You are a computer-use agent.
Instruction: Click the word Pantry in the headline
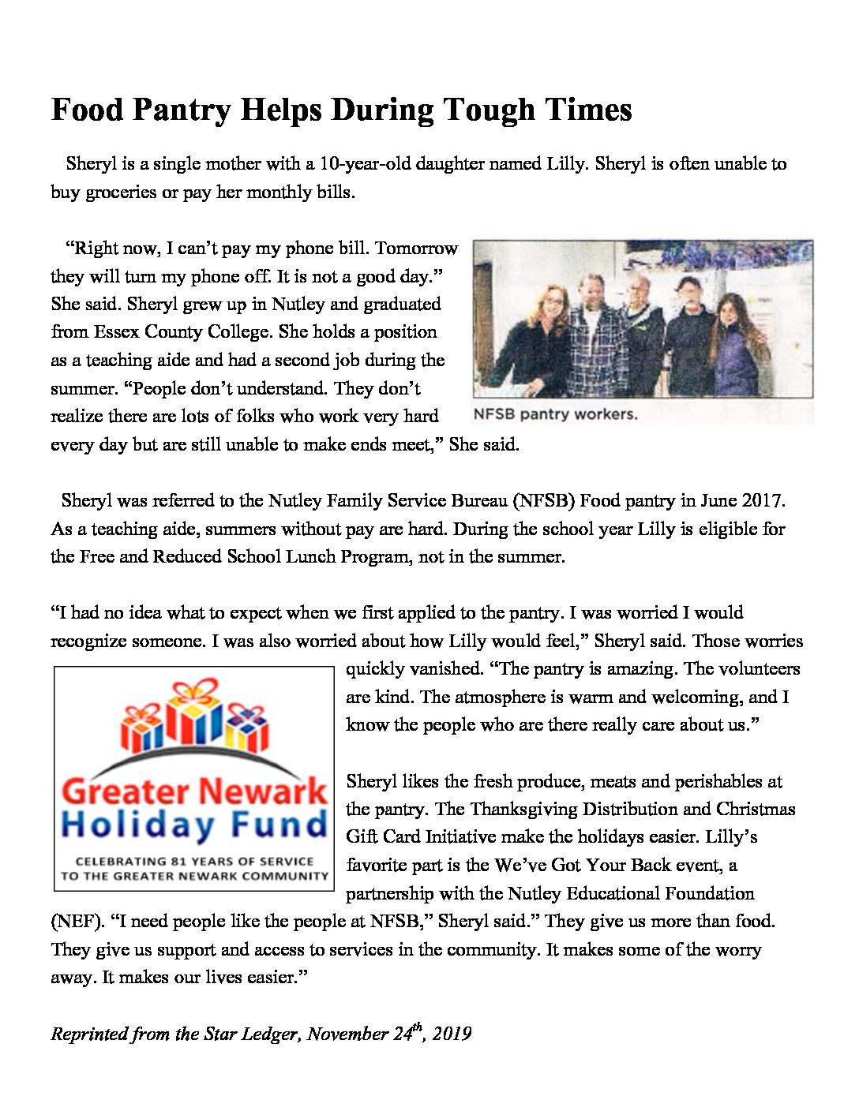(181, 110)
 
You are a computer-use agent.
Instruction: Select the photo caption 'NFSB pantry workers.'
(555, 414)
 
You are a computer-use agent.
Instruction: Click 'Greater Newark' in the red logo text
(194, 791)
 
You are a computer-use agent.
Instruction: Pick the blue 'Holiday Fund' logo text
(194, 825)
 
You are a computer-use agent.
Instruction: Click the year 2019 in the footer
(452, 1034)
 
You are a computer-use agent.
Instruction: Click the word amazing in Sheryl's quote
(641, 669)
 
